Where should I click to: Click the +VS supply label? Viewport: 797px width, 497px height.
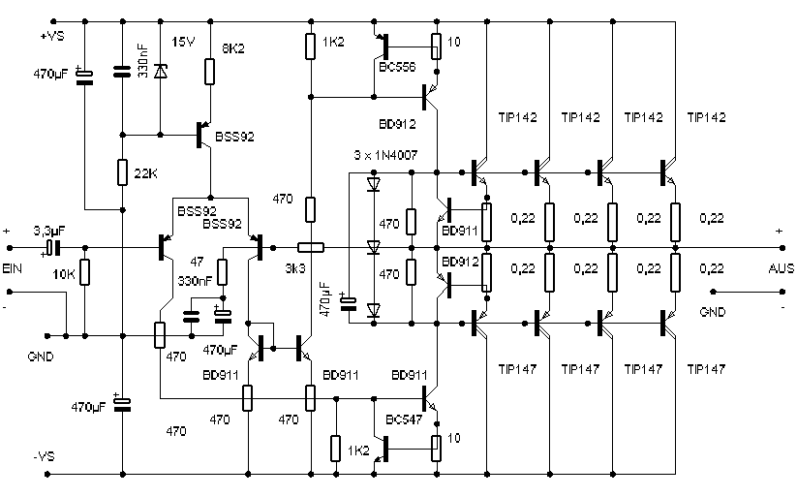(x=52, y=37)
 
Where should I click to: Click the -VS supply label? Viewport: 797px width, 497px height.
(x=44, y=456)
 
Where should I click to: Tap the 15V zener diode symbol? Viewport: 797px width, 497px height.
(x=161, y=72)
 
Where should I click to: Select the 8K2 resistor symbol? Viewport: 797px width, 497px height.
(x=209, y=72)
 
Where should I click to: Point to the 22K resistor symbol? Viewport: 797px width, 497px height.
(x=122, y=172)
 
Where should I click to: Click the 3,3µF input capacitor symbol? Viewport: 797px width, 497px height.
(x=53, y=248)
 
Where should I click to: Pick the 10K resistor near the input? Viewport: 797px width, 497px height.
(x=85, y=272)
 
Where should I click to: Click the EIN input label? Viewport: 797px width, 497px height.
(x=13, y=268)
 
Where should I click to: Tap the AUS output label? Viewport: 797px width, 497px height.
(x=782, y=268)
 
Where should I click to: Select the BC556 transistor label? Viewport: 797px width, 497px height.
(x=397, y=67)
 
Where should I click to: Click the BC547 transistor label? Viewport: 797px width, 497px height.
(x=404, y=419)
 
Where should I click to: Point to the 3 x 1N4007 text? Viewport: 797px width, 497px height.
(x=385, y=155)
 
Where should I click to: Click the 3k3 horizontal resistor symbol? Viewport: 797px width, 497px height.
(x=311, y=248)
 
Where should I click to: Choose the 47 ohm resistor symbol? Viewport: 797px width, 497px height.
(x=222, y=272)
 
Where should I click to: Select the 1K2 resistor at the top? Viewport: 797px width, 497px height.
(x=310, y=47)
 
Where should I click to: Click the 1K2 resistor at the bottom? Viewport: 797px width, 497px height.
(x=335, y=449)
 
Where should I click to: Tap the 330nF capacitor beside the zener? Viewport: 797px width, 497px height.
(x=121, y=72)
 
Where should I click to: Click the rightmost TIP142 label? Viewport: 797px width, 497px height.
(x=707, y=117)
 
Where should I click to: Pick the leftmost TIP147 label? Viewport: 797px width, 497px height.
(x=517, y=369)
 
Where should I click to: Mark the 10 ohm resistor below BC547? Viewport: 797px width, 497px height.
(x=436, y=449)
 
